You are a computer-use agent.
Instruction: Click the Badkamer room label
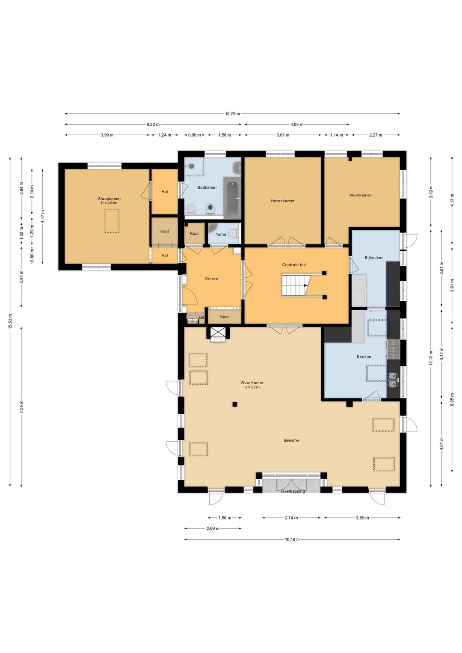(207, 187)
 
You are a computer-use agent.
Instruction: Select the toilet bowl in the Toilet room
(234, 233)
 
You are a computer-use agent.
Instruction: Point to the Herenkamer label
(283, 201)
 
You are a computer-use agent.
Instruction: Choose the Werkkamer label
(360, 195)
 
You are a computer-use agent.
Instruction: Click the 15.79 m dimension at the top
(232, 114)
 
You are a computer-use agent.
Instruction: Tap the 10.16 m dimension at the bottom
(292, 539)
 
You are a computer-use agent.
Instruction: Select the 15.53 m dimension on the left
(10, 321)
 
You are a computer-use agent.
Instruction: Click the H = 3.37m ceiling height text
(252, 387)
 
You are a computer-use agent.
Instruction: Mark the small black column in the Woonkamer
(235, 404)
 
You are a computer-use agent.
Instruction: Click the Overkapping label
(293, 491)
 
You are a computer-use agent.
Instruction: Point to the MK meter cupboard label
(201, 318)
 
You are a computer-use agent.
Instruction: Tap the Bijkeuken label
(374, 258)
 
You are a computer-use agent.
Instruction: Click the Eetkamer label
(292, 440)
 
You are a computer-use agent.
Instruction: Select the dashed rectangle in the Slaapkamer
(112, 221)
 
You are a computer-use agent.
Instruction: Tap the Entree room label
(212, 279)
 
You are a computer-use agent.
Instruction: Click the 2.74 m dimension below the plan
(291, 518)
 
